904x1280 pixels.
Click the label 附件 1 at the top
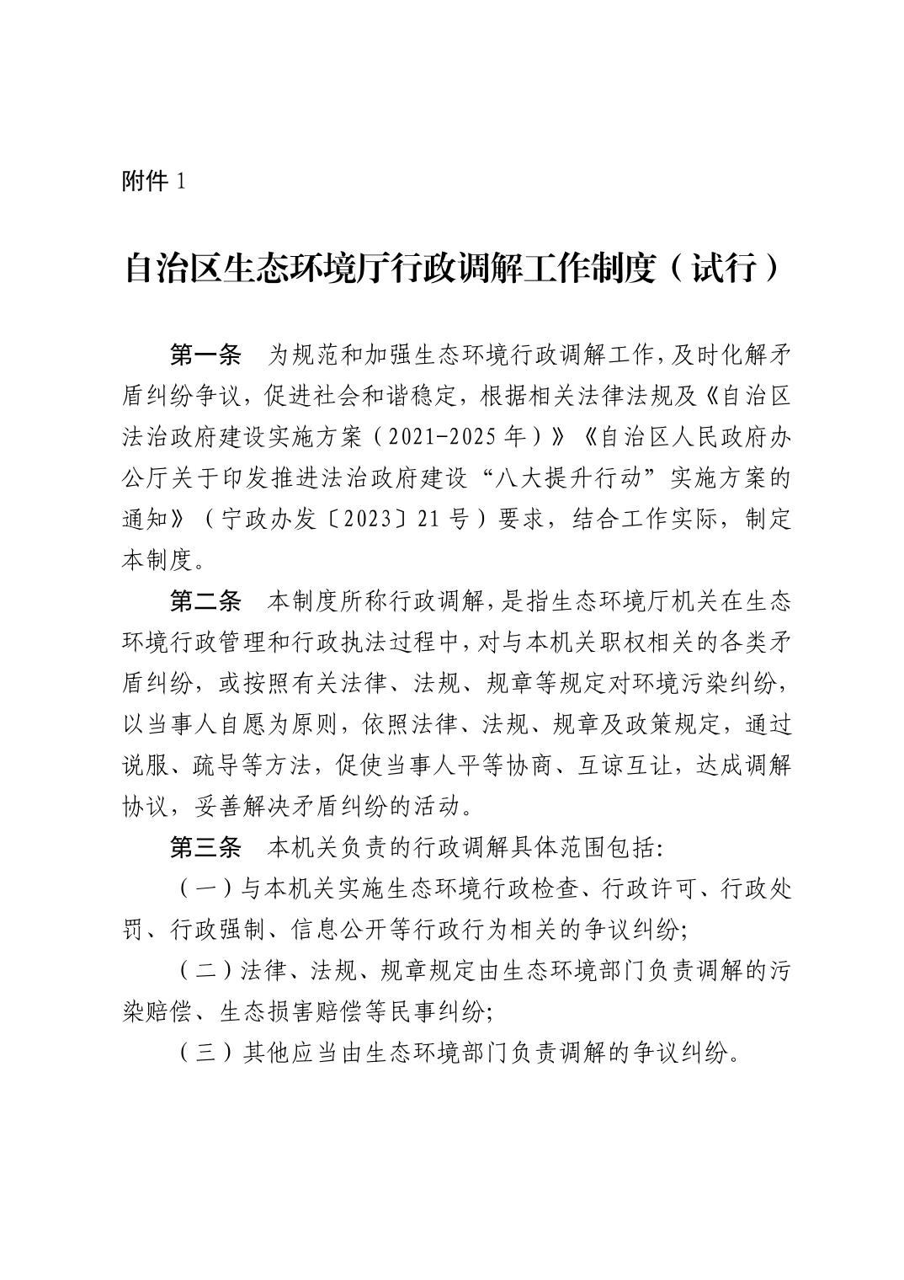click(x=153, y=182)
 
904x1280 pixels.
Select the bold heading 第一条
click(x=205, y=356)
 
